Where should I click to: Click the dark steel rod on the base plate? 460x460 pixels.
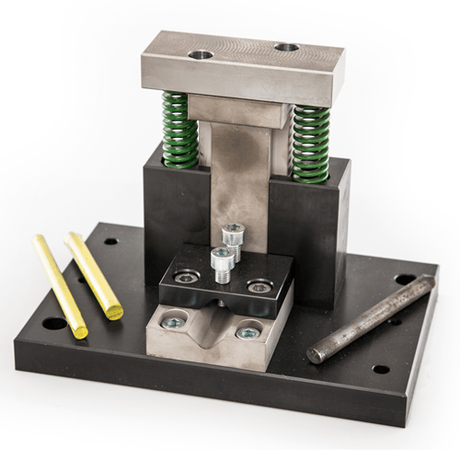click(x=373, y=318)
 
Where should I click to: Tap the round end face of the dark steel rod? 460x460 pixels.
click(x=316, y=354)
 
